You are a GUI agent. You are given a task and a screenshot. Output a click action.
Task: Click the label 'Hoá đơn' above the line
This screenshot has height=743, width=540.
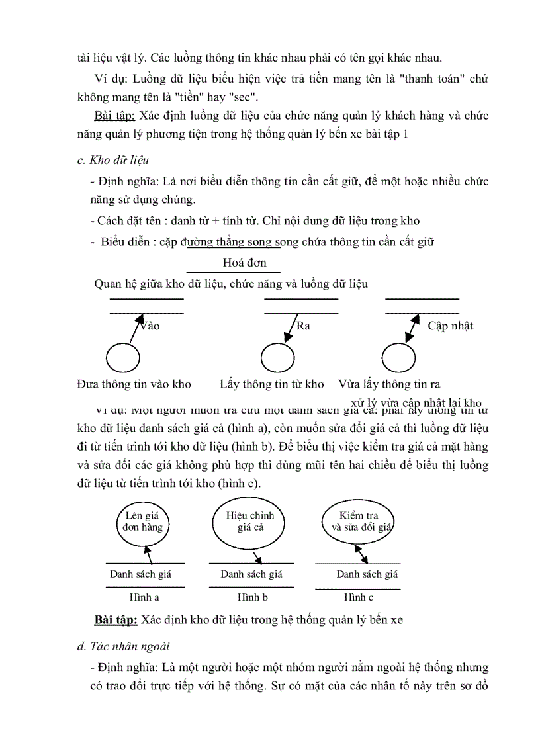(245, 263)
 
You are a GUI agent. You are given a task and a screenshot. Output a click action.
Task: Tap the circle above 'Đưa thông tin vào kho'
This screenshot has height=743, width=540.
(123, 359)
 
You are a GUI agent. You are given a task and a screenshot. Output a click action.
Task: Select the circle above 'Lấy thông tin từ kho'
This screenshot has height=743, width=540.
(277, 359)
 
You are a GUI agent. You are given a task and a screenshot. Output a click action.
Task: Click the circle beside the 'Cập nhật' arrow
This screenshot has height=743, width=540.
(398, 359)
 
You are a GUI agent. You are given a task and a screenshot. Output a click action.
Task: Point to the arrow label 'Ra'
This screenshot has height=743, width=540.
(303, 326)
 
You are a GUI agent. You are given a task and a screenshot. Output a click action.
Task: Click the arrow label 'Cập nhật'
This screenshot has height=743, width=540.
(450, 326)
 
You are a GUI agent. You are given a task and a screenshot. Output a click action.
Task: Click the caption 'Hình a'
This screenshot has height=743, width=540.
(144, 597)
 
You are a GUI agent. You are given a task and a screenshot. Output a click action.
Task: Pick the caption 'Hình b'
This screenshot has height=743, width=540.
(249, 597)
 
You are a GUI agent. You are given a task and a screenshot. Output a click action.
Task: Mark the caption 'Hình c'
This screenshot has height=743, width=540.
(359, 597)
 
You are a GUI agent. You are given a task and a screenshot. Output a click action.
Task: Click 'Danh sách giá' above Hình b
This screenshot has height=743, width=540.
(251, 574)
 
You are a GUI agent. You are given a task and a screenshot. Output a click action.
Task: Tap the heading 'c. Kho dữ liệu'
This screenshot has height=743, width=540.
(113, 160)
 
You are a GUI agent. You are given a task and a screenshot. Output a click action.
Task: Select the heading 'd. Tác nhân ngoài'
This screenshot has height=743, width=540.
(123, 646)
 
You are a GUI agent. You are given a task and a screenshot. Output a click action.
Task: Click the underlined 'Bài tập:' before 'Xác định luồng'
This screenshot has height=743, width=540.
(114, 116)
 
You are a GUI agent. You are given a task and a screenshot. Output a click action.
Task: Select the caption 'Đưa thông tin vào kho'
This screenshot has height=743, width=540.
(134, 384)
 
